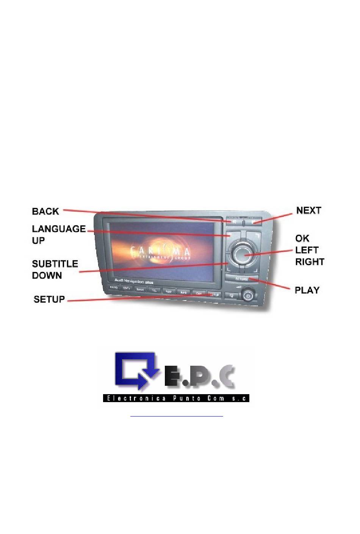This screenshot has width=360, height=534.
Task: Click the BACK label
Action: (x=45, y=211)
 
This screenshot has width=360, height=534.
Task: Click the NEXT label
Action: (x=308, y=210)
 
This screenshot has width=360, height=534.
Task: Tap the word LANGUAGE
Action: (x=59, y=229)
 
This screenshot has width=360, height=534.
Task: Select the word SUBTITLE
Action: (x=55, y=264)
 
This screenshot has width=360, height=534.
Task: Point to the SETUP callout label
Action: (x=49, y=299)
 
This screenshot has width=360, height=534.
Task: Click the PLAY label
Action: (x=307, y=290)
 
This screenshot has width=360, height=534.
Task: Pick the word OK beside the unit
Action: (x=302, y=238)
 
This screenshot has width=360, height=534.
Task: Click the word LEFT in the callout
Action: (x=307, y=250)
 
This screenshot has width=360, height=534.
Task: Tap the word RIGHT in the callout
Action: (x=310, y=262)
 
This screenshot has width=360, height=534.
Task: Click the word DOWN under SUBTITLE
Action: (x=47, y=276)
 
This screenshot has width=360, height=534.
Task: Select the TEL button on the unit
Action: (x=154, y=290)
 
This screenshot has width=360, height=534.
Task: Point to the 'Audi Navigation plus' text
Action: (x=134, y=282)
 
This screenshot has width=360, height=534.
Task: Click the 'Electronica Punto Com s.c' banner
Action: (x=176, y=398)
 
